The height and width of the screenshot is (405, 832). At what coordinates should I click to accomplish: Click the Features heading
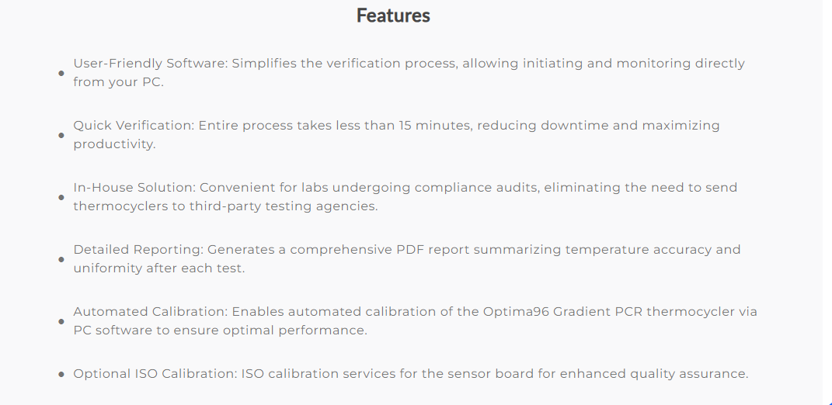tap(393, 16)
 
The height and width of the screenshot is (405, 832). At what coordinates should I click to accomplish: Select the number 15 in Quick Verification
tap(406, 126)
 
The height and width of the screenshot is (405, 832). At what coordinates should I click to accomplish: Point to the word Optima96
tap(516, 312)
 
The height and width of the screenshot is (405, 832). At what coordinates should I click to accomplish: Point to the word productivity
tap(115, 145)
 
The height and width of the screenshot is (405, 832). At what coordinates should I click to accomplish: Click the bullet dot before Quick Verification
tap(61, 135)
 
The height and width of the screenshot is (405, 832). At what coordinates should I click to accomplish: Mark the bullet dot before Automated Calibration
tap(61, 321)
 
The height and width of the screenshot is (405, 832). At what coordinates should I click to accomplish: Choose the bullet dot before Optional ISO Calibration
tap(61, 374)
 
